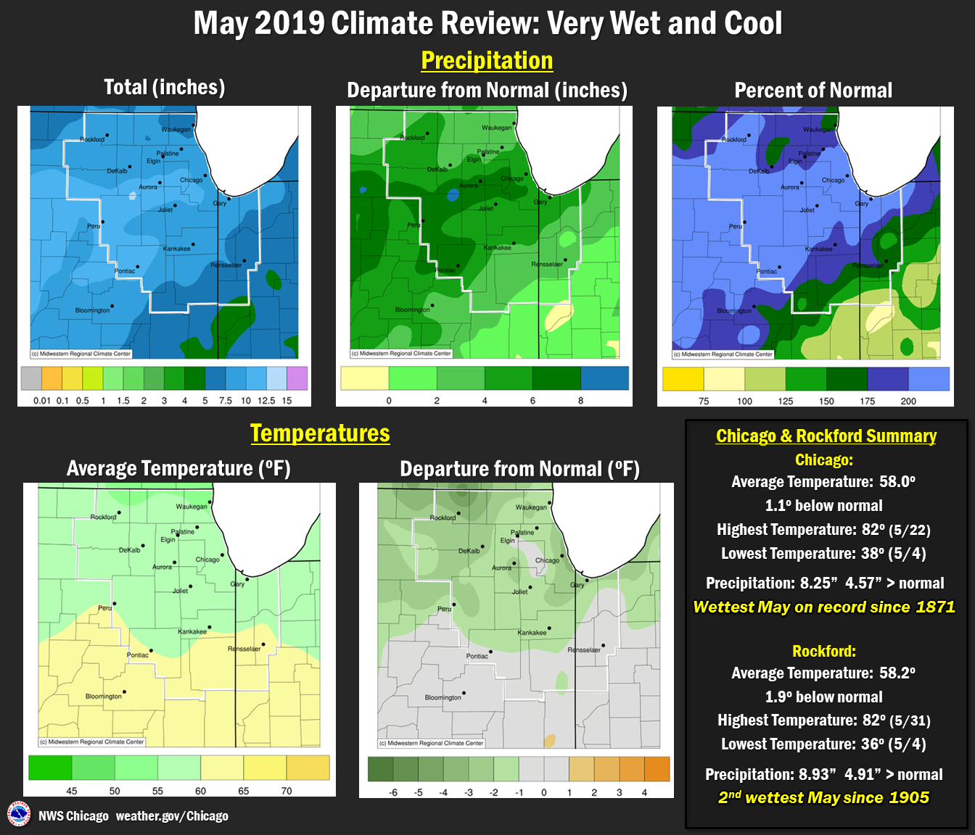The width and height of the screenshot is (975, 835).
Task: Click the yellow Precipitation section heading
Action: tap(487, 61)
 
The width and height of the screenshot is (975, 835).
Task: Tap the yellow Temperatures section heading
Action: tap(320, 433)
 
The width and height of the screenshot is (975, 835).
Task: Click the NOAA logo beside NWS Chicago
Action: tap(18, 814)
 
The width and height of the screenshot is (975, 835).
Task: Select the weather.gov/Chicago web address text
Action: tap(172, 816)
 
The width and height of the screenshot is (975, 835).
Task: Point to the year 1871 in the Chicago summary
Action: tap(935, 607)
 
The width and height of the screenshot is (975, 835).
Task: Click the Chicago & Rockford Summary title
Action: tap(826, 436)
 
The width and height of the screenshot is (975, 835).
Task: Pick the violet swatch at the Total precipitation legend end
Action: tap(297, 378)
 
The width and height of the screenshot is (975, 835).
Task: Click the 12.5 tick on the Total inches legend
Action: tap(266, 401)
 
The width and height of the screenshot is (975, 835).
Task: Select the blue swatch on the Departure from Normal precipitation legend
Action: tap(604, 378)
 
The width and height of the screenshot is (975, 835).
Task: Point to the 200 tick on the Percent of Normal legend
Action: tap(908, 401)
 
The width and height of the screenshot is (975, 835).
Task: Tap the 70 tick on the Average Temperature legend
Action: tap(287, 791)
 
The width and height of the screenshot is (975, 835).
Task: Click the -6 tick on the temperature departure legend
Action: tap(393, 792)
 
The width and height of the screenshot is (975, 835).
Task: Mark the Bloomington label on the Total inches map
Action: tap(92, 310)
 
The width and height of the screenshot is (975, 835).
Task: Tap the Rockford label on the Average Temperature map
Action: tap(103, 517)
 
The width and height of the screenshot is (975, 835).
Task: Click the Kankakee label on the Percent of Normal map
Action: tap(818, 249)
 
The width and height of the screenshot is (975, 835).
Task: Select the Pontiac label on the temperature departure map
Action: tap(477, 656)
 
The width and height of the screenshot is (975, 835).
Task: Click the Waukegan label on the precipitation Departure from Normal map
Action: tap(496, 128)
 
